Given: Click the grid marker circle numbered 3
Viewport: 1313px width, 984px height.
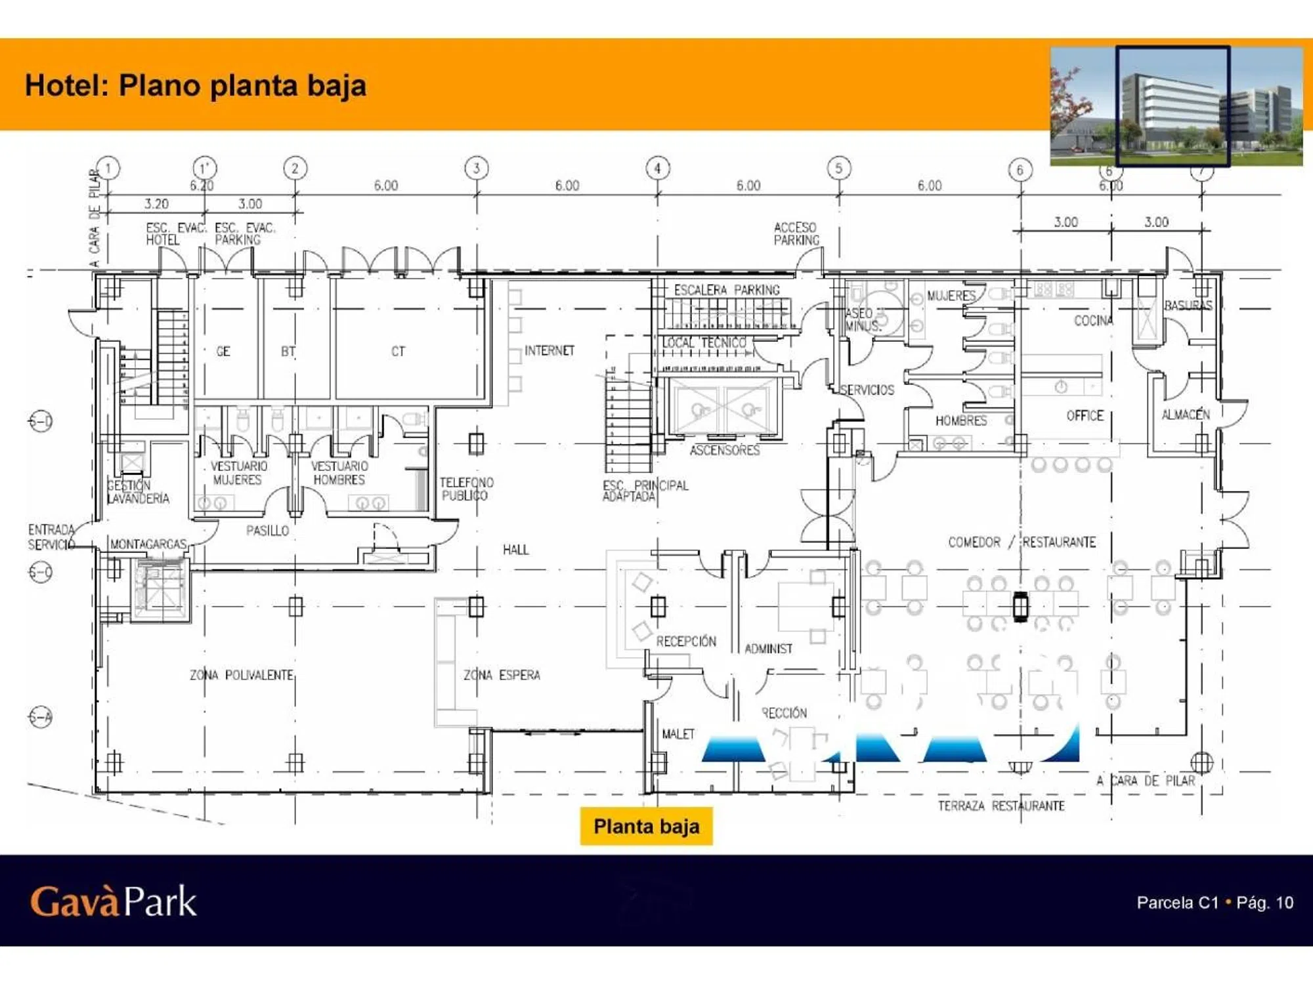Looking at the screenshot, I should tap(477, 168).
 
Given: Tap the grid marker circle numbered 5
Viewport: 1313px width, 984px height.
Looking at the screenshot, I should tap(838, 168).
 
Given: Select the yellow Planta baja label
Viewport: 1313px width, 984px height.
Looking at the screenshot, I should tap(646, 827).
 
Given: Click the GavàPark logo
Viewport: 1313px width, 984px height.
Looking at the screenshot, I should tap(113, 901).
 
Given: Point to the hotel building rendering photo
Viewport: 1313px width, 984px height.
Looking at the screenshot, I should tap(1176, 106).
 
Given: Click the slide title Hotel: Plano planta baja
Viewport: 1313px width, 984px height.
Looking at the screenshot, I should tap(196, 86).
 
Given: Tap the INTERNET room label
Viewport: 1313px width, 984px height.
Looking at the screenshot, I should tap(549, 351).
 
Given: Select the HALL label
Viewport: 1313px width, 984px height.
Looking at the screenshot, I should tap(515, 550).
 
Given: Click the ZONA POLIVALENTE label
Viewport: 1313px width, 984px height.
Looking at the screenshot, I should tap(242, 675).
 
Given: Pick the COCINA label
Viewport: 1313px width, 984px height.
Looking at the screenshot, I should tap(1093, 321).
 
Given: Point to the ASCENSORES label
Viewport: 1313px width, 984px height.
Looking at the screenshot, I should tap(724, 450).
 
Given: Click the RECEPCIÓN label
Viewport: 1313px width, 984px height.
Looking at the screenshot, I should tap(686, 642).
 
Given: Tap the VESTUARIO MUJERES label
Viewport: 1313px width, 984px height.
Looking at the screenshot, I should tap(238, 473).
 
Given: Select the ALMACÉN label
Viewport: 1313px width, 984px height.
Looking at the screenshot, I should tap(1186, 415).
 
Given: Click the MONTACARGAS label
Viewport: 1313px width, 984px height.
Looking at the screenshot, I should tap(148, 544).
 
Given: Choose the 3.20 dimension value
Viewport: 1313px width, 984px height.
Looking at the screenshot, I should tap(156, 204).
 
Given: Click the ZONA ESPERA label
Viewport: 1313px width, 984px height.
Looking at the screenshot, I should tap(502, 675).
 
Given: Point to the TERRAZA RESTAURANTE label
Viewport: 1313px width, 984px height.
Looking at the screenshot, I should tap(1001, 806).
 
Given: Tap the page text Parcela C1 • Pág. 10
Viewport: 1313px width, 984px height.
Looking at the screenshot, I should tap(1215, 903).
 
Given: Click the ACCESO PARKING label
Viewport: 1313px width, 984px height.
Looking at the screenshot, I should tap(796, 234).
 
